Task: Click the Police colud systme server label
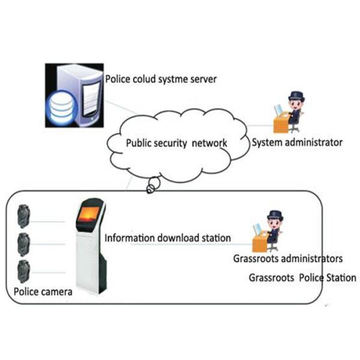(x=161, y=79)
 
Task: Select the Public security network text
(x=176, y=143)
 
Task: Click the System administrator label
(x=296, y=143)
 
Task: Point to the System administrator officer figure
(x=292, y=111)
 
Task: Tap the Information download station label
(x=167, y=238)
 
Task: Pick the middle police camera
(x=24, y=241)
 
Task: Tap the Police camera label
(x=43, y=292)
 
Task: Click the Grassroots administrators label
(x=287, y=259)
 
